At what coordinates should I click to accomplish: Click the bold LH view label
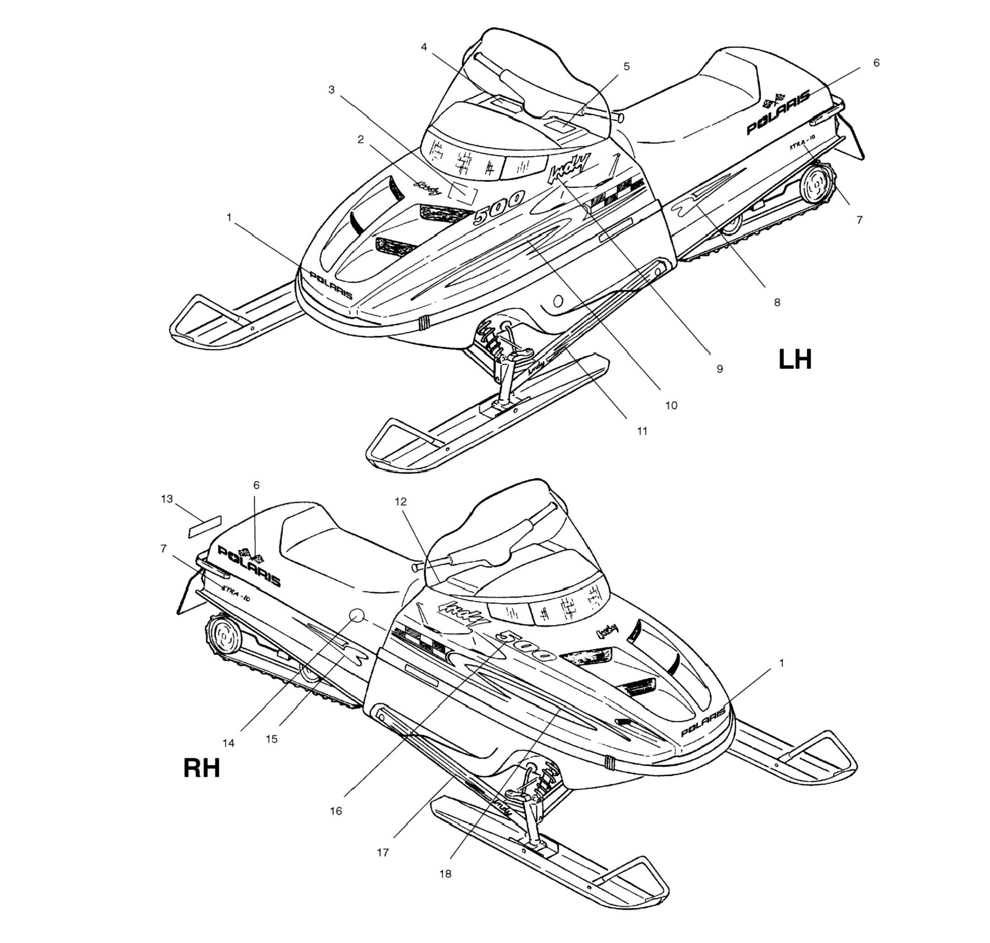coord(794,359)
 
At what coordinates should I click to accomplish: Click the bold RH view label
coord(201,769)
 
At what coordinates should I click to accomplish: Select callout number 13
coord(167,499)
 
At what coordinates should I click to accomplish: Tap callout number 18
coord(445,874)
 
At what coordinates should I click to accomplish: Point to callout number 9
coord(720,369)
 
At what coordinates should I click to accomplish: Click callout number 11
coord(642,431)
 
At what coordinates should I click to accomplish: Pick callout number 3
coord(331,90)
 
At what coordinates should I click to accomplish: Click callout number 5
coord(626,66)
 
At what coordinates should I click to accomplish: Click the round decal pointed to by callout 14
coord(356,616)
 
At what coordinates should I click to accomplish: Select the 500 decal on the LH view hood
coord(499,206)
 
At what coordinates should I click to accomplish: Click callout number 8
coord(777,302)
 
